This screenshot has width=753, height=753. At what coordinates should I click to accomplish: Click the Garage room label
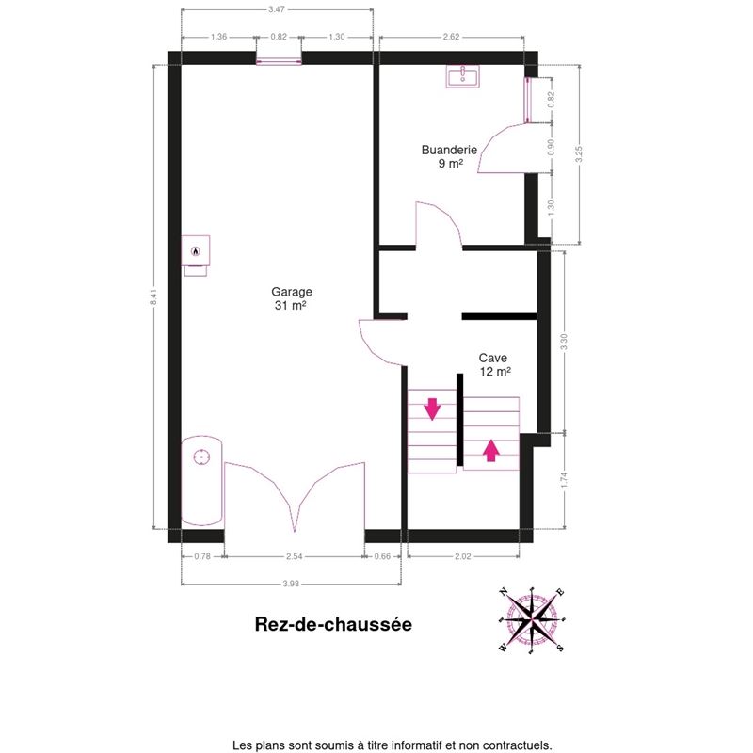click(x=292, y=298)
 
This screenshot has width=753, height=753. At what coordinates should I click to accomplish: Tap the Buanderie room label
click(x=450, y=156)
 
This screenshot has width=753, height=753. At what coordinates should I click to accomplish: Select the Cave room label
click(x=494, y=364)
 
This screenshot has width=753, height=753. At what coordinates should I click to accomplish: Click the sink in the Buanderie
click(x=463, y=77)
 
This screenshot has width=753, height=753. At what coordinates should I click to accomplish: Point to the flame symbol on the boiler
click(x=196, y=250)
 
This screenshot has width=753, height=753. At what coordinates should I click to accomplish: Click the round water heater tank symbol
click(x=201, y=457)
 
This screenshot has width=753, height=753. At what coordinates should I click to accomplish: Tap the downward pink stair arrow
click(x=432, y=409)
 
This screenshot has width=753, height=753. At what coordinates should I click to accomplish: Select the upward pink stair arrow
click(x=490, y=451)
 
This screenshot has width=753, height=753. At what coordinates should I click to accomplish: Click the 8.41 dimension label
click(x=153, y=296)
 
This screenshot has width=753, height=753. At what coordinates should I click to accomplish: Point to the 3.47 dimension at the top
click(x=277, y=9)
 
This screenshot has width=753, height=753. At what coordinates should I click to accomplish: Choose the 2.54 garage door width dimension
click(x=295, y=556)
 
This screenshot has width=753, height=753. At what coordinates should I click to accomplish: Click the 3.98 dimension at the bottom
click(x=291, y=584)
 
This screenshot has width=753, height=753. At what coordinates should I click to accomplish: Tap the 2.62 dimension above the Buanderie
click(x=452, y=37)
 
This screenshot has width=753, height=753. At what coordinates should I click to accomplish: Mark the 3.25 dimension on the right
click(x=579, y=154)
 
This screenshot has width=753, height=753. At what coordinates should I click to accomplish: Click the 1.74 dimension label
click(x=564, y=480)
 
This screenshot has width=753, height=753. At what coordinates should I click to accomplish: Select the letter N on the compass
click(x=504, y=592)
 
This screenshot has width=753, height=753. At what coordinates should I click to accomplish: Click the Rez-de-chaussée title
click(x=333, y=624)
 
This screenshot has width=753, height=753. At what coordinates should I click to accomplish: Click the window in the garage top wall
click(x=279, y=61)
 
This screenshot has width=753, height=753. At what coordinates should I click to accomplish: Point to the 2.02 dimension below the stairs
click(x=463, y=556)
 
